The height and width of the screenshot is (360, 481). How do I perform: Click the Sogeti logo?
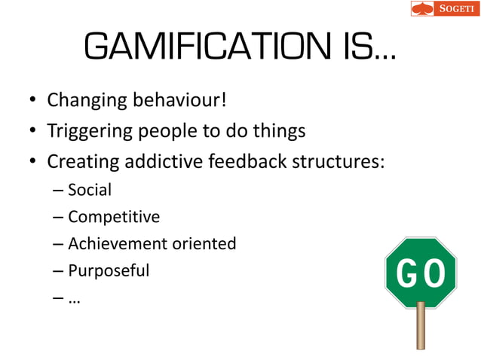tap(444, 9)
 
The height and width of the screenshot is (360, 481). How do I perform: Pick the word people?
tap(169, 132)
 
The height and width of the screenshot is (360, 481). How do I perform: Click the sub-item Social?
tap(89, 191)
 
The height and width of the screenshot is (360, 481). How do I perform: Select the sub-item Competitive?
tap(114, 218)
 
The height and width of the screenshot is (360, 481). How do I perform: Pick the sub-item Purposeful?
tap(109, 270)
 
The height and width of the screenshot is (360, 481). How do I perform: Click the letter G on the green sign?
tap(406, 275)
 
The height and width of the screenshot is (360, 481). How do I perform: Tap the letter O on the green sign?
tap(435, 275)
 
